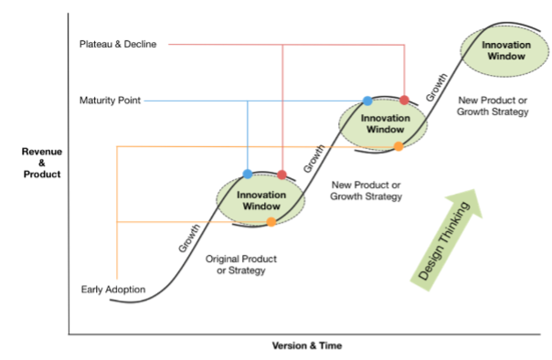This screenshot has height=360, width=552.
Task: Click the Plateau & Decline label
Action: coord(118,43)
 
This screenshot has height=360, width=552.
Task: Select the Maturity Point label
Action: coord(110,100)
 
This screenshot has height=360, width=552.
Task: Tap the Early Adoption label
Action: coord(112,290)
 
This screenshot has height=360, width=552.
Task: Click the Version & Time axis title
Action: coord(307,346)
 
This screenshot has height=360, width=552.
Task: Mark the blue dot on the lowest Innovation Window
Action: coord(248,174)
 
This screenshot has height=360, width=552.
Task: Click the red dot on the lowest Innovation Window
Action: coord(282,175)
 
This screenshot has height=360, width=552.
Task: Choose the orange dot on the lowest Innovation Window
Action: coord(271,222)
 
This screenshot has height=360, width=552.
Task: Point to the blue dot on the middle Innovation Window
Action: coord(367,101)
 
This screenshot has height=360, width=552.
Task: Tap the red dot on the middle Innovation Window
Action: coord(404,100)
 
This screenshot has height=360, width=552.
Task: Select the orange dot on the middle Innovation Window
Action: coord(398,146)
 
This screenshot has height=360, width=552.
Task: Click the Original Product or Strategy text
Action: coord(241,265)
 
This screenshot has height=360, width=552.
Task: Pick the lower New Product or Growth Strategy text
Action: coord(366,190)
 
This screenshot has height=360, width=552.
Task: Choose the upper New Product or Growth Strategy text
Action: coord(493,106)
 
